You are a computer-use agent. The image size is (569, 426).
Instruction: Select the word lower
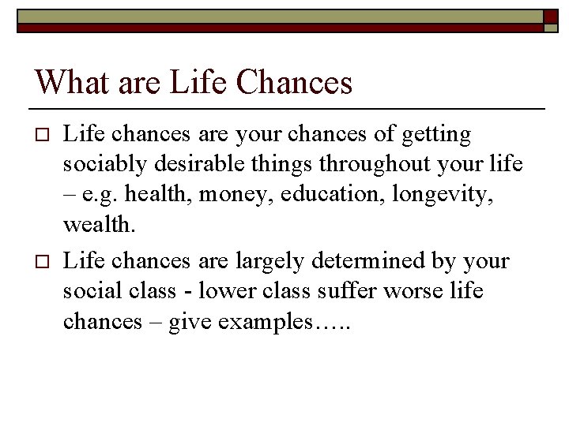(224, 291)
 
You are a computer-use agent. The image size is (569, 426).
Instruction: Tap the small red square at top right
(550, 17)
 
